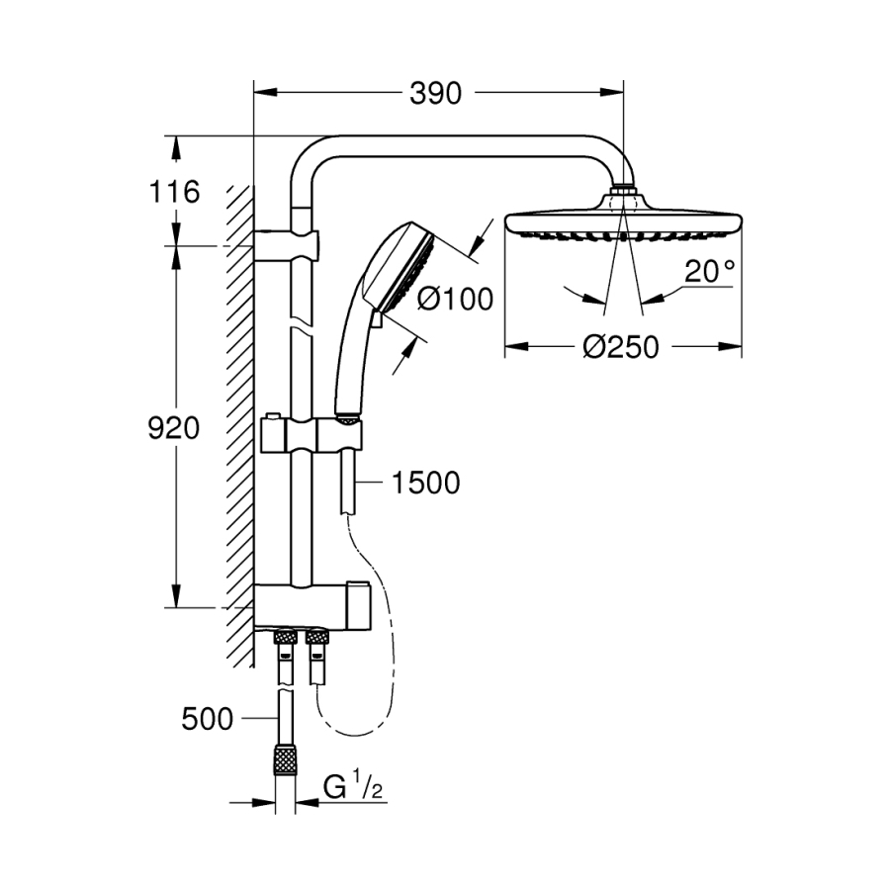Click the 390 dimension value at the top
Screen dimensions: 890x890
pos(435,94)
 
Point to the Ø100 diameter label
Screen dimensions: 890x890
pos(454,299)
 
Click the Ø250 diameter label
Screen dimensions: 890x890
pos(620,347)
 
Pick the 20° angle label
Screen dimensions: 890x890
pos(711,271)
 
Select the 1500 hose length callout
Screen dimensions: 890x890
pos(425,483)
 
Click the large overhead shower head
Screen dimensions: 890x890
pos(623,222)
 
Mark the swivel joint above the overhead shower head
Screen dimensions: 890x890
pos(623,188)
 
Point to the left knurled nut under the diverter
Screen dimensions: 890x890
pos(285,640)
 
